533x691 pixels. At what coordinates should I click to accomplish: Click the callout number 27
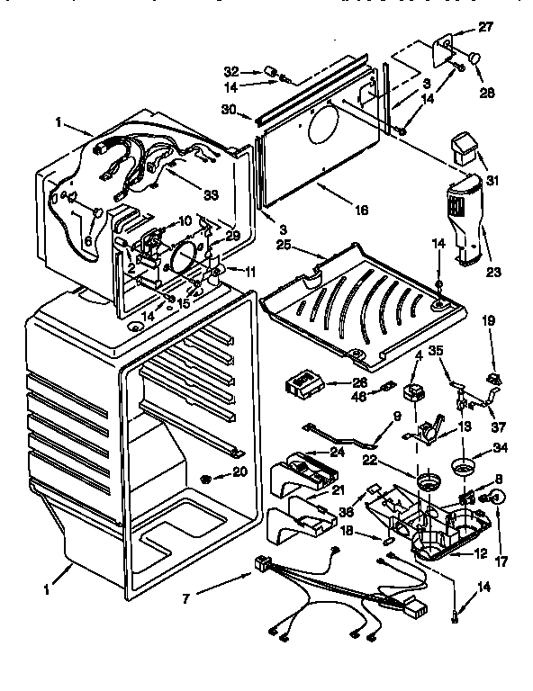pos(485,28)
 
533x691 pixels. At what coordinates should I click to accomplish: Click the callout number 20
pos(239,471)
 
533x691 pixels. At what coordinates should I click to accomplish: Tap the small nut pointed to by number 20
pos(208,475)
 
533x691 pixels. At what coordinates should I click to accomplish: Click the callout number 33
pos(212,195)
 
